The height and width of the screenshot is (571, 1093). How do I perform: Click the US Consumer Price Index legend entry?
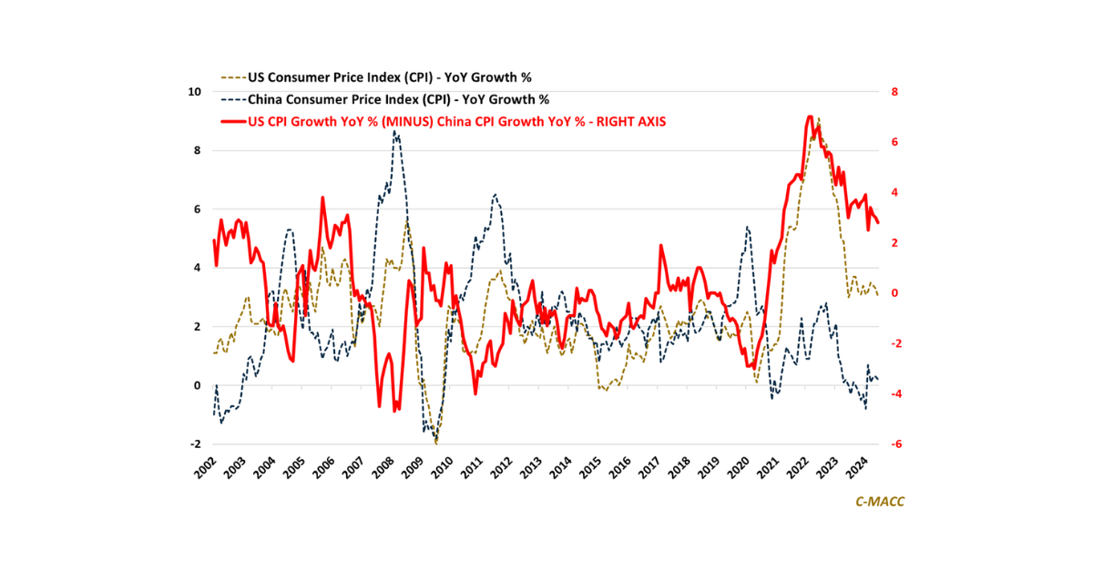pyautogui.click(x=402, y=77)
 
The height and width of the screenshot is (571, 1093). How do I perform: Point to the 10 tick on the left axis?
pyautogui.click(x=195, y=92)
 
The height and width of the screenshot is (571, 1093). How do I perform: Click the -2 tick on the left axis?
pyautogui.click(x=195, y=444)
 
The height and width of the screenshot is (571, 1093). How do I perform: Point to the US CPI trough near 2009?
pyautogui.click(x=437, y=443)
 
